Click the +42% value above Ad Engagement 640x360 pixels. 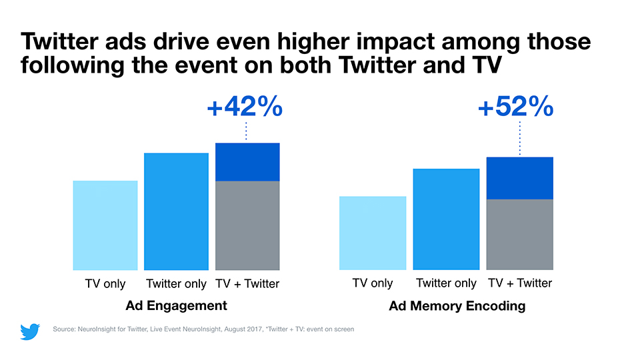pos(245,107)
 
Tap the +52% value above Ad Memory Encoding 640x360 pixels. pos(516,107)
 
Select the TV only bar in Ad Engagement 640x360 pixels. pos(105,225)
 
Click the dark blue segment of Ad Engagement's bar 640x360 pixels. pos(247,162)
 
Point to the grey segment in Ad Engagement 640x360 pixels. pos(247,225)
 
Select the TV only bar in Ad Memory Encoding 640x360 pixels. pos(373,233)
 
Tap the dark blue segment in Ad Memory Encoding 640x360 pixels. pos(520,178)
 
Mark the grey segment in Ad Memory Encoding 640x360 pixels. pos(520,234)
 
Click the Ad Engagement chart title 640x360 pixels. pos(176,305)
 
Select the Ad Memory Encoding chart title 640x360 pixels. pos(457,306)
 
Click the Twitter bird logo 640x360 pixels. pos(30,331)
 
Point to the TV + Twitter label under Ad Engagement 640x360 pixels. pos(247,284)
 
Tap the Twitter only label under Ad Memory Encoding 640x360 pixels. pos(446,283)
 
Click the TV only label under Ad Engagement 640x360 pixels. pos(105,284)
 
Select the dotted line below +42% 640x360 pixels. pos(247,131)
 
